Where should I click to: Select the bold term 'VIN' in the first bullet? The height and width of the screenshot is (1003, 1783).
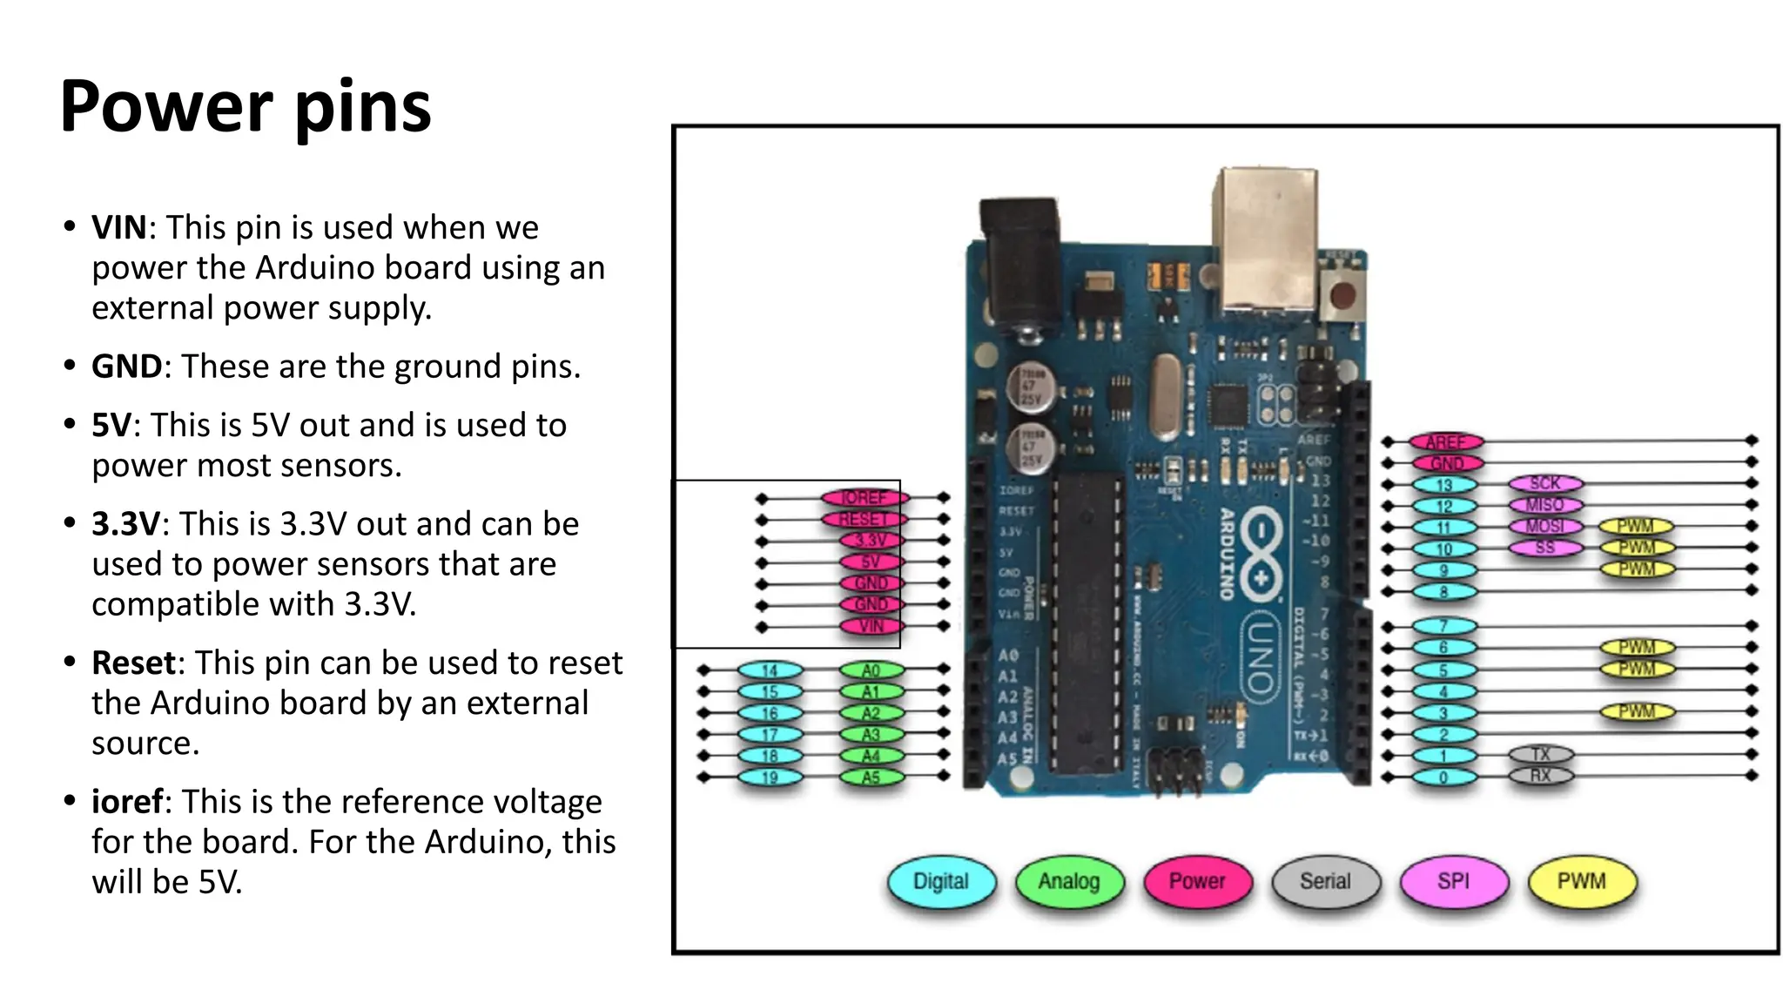pos(119,227)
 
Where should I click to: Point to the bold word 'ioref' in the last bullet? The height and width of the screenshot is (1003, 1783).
pos(127,801)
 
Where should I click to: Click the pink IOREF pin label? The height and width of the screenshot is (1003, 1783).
pos(864,497)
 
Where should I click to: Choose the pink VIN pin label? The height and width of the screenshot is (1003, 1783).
pos(871,626)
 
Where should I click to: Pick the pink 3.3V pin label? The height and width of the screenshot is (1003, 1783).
pos(871,541)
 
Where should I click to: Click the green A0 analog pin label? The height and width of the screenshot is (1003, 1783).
pos(871,670)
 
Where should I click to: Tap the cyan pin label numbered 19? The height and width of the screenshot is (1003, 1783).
pos(770,777)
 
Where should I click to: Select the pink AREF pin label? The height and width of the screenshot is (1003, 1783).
pos(1445,441)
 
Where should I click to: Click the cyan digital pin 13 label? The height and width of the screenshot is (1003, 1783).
pos(1443,485)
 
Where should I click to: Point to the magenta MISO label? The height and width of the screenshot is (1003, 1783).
pos(1544,505)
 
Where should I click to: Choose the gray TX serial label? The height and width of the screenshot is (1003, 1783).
pos(1540,754)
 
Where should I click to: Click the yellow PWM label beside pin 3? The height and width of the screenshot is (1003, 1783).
pos(1637,711)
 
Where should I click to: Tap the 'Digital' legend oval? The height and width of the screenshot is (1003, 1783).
pos(940,881)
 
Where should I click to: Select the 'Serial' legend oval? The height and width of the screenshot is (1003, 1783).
pos(1325,881)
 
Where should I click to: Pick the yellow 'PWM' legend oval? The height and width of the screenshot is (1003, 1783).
pos(1581,881)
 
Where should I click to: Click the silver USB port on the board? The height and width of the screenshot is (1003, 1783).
pos(1267,239)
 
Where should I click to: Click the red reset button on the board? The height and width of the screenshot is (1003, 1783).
pos(1342,296)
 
